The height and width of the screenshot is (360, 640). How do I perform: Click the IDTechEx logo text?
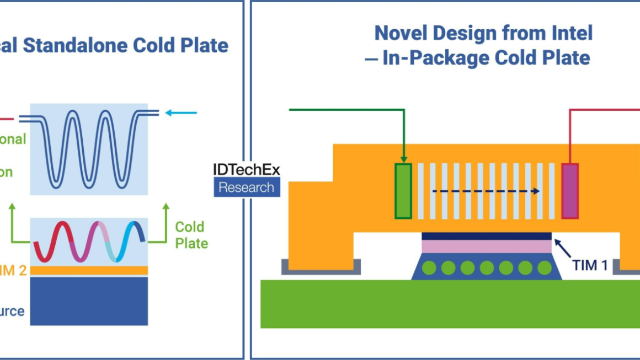247,169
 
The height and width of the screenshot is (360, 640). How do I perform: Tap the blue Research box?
247,187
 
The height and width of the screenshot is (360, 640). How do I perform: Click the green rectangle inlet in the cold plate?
403,190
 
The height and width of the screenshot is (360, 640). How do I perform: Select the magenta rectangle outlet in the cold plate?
569,190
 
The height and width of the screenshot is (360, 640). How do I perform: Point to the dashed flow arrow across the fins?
486,192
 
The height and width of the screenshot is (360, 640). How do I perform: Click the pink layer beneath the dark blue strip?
486,246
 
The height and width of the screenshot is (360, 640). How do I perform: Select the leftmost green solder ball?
429,268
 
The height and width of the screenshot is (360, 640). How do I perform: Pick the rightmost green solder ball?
544,268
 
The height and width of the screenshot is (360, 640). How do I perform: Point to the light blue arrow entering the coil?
181,113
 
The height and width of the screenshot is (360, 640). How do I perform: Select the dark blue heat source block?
89,300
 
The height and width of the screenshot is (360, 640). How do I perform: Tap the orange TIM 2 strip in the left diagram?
89,270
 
